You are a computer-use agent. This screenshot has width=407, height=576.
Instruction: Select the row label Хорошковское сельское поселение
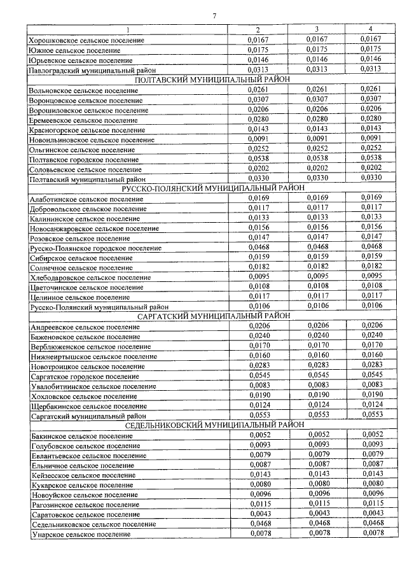pyautogui.click(x=86, y=40)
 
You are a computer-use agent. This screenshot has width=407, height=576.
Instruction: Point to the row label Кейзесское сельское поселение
pyautogui.click(x=83, y=475)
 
